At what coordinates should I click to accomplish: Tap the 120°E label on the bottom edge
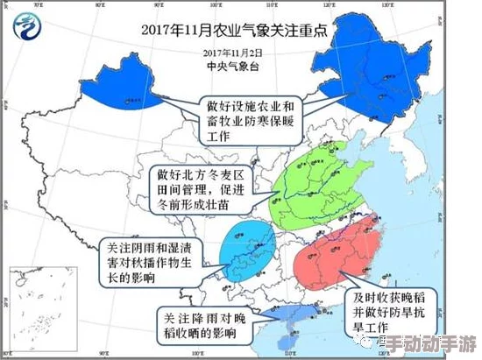point(328,354)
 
